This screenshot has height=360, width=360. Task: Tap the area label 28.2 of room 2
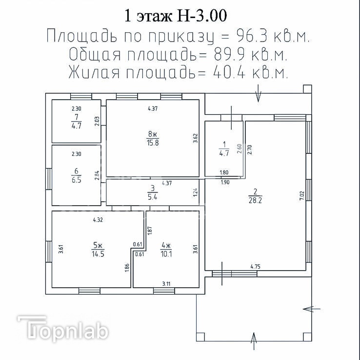(x=255, y=200)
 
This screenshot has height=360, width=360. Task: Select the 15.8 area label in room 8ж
(x=153, y=143)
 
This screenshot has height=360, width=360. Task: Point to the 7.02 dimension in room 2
(x=301, y=196)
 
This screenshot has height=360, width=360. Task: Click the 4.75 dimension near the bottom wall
(x=255, y=267)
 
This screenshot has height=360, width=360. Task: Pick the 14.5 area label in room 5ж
(x=98, y=254)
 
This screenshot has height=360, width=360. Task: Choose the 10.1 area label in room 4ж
(x=166, y=254)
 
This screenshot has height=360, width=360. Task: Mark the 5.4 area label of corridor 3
(x=153, y=197)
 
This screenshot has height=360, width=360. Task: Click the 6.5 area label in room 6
(x=76, y=180)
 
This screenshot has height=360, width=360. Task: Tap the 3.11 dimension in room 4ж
(x=166, y=284)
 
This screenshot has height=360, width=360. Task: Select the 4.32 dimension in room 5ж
(x=98, y=220)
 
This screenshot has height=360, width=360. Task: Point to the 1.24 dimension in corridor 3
(x=196, y=192)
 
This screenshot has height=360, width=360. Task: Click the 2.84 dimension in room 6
(x=97, y=175)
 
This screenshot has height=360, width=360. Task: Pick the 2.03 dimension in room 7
(x=97, y=121)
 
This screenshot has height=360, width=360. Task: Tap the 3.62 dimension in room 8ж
(x=196, y=138)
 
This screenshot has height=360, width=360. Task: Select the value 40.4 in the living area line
(x=229, y=72)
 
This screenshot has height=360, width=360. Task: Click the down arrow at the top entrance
(x=258, y=93)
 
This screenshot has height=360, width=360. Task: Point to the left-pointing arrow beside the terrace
(x=312, y=309)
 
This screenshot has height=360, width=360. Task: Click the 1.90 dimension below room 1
(x=225, y=183)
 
